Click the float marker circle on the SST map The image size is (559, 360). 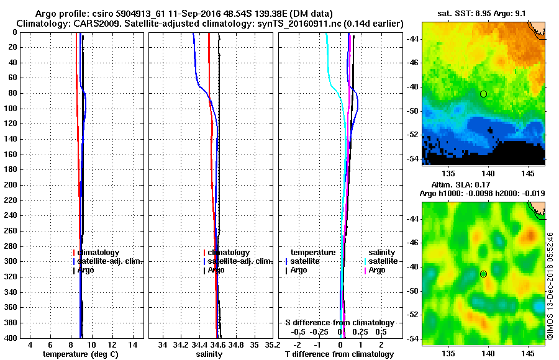pos(483,94)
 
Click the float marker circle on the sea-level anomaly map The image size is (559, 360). pos(483,274)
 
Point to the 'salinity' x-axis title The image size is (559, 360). pos(209,354)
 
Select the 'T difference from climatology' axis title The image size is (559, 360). pos(340,354)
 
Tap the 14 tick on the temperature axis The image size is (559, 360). pos(132,344)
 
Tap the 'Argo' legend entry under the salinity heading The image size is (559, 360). pos(377,271)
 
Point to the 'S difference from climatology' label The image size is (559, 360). pos(340,323)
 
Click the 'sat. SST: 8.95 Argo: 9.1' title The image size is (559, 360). pos(483,14)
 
